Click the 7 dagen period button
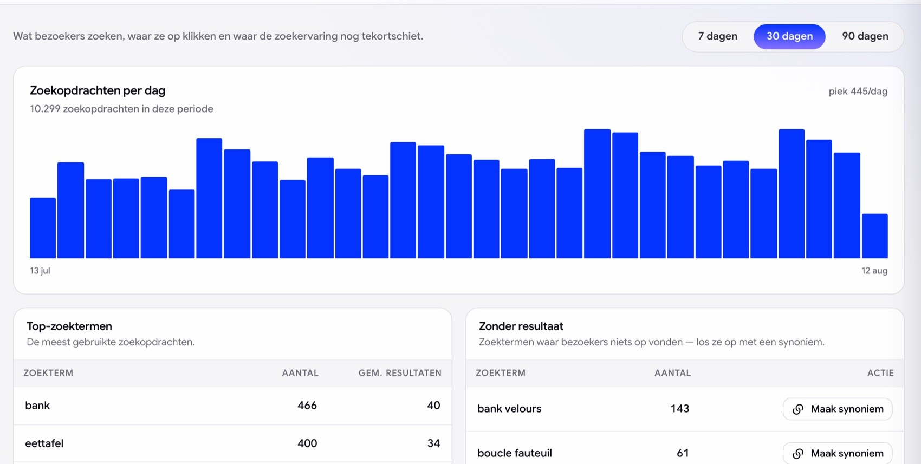point(717,36)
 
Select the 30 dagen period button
point(789,36)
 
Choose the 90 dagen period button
point(865,36)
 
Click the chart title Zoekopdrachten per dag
point(98,90)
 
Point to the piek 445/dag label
point(858,92)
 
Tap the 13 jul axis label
point(40,270)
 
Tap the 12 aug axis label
point(874,270)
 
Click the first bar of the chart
point(43,228)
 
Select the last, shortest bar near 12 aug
point(874,236)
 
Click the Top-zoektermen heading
point(69,326)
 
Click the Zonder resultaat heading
point(521,326)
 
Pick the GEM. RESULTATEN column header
point(400,372)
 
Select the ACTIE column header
point(880,372)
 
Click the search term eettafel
point(44,443)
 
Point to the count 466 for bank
point(307,405)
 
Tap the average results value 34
point(433,443)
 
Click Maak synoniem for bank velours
point(838,409)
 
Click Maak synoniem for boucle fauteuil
point(838,453)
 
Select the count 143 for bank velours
point(680,409)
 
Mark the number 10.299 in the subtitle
point(45,109)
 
